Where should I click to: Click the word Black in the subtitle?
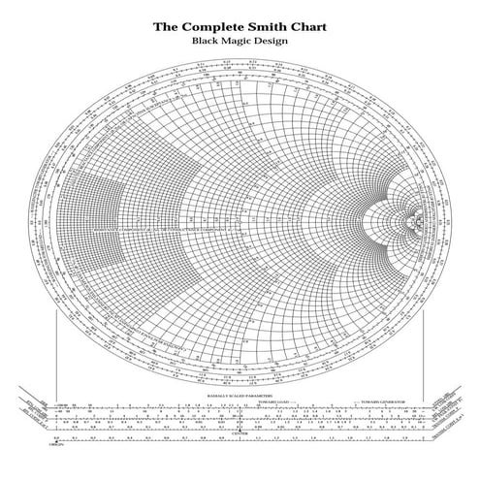tap(208, 42)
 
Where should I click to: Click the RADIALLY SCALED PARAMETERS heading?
tap(239, 397)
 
